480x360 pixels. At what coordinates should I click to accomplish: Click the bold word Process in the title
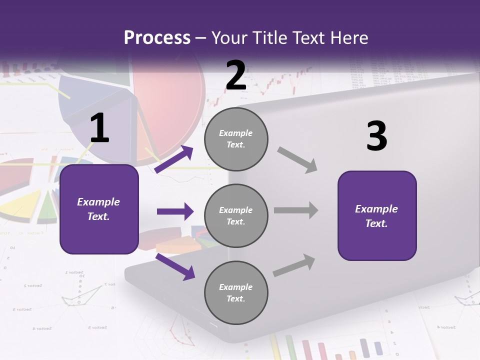coord(157,38)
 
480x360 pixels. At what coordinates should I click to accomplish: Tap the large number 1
coord(99,128)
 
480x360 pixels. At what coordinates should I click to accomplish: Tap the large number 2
coord(236,75)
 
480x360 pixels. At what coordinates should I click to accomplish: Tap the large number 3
coord(376,136)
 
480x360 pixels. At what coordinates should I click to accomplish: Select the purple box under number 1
coord(99,209)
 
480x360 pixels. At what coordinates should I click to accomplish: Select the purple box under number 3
coord(377,215)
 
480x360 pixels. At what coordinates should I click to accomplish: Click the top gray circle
coord(236,139)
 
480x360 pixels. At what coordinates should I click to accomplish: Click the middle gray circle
coord(236,215)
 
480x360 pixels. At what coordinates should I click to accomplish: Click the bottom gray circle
coord(236,292)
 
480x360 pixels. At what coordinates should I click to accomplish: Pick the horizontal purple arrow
coord(175,211)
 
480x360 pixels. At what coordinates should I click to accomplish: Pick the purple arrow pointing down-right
coord(175,266)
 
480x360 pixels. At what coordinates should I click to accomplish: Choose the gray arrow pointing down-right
coord(297,160)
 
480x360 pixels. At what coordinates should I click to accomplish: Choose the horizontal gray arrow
coord(295,210)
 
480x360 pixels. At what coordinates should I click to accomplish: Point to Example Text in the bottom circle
coord(236,292)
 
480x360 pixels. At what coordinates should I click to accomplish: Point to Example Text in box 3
coord(376,215)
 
